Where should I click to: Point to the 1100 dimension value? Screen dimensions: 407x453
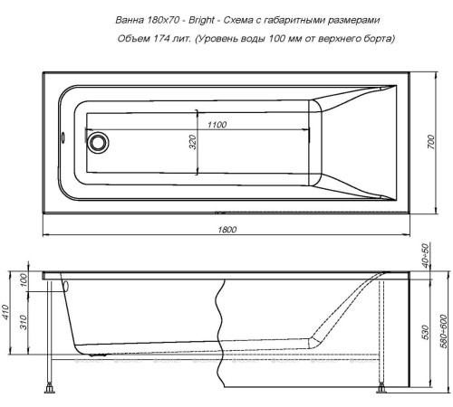(x=217, y=123)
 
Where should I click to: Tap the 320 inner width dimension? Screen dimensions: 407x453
(x=192, y=142)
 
